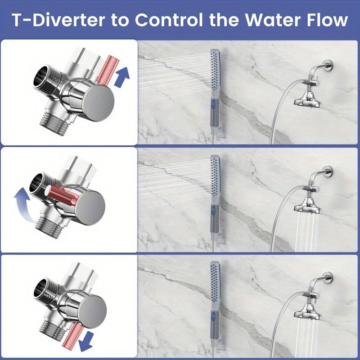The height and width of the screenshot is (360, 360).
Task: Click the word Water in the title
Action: tap(266, 20)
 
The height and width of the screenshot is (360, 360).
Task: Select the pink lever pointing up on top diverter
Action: tap(107, 70)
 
